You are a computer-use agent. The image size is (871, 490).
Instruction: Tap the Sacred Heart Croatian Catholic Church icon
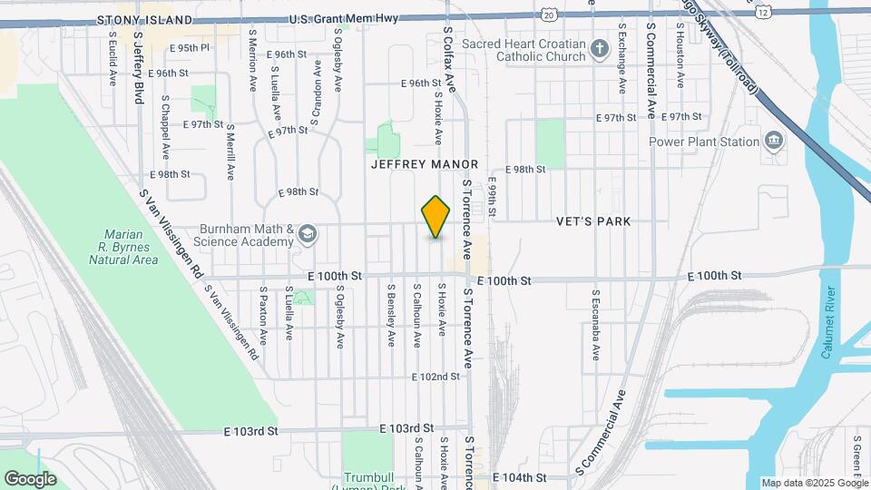click(x=599, y=48)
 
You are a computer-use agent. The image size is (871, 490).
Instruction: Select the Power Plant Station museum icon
click(x=773, y=141)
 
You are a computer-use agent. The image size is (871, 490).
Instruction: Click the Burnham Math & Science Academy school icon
click(x=308, y=235)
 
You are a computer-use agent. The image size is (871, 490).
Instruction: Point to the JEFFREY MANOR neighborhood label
click(x=424, y=165)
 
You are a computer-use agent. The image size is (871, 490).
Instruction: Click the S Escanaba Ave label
click(x=596, y=325)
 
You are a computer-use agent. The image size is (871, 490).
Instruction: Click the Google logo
click(x=30, y=478)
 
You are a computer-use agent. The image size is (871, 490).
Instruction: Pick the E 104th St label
click(x=520, y=476)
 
